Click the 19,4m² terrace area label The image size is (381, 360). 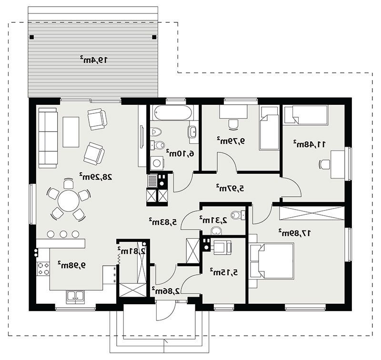pos(93,60)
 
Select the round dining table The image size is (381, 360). pos(69,201)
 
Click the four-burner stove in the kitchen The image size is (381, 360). pos(43,269)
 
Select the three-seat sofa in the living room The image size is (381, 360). pos(48,138)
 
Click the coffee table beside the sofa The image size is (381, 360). pos(71,132)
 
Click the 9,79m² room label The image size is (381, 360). pos(231,140)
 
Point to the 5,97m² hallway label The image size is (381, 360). pos(231,188)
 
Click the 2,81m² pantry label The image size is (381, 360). pos(131,250)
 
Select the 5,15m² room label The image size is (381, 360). pos(224,272)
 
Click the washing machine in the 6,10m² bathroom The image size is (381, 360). pos(157,163)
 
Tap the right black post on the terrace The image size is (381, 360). pos(154,37)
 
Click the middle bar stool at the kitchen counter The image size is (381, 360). pos(63,234)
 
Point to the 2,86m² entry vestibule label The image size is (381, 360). pos(166,290)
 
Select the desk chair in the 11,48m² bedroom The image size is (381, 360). pos(324,164)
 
